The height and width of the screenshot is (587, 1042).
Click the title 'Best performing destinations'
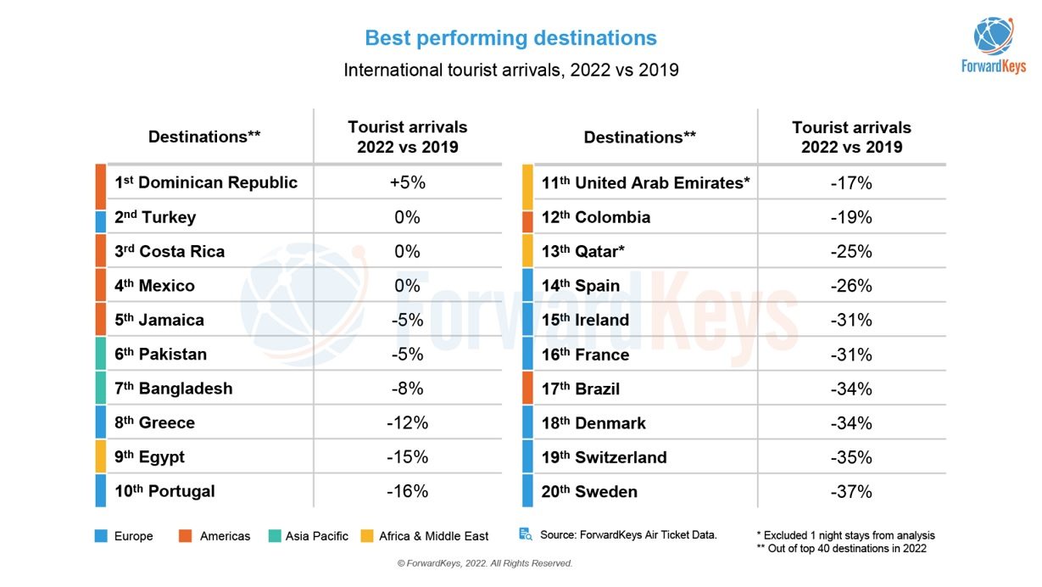click(510, 38)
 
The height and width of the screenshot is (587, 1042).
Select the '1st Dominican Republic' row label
click(206, 182)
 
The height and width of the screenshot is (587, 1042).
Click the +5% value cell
click(407, 182)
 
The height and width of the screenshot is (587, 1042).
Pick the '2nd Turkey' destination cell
click(155, 217)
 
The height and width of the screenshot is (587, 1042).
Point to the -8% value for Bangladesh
click(407, 389)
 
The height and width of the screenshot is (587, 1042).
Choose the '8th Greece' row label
click(155, 422)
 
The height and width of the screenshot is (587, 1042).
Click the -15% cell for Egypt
click(407, 456)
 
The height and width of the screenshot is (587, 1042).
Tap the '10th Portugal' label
click(165, 491)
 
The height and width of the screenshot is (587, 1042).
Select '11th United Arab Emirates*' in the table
click(646, 182)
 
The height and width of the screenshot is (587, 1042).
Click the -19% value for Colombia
click(851, 217)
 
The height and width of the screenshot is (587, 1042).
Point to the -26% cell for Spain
click(851, 286)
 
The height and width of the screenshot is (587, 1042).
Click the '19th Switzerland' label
click(605, 457)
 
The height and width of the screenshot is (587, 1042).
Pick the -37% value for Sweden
click(851, 491)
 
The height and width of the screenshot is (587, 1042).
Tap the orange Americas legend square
click(185, 536)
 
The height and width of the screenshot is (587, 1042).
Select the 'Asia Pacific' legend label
click(316, 536)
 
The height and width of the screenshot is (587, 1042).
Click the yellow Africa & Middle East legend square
click(366, 536)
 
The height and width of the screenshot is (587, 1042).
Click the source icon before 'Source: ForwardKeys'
click(526, 534)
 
